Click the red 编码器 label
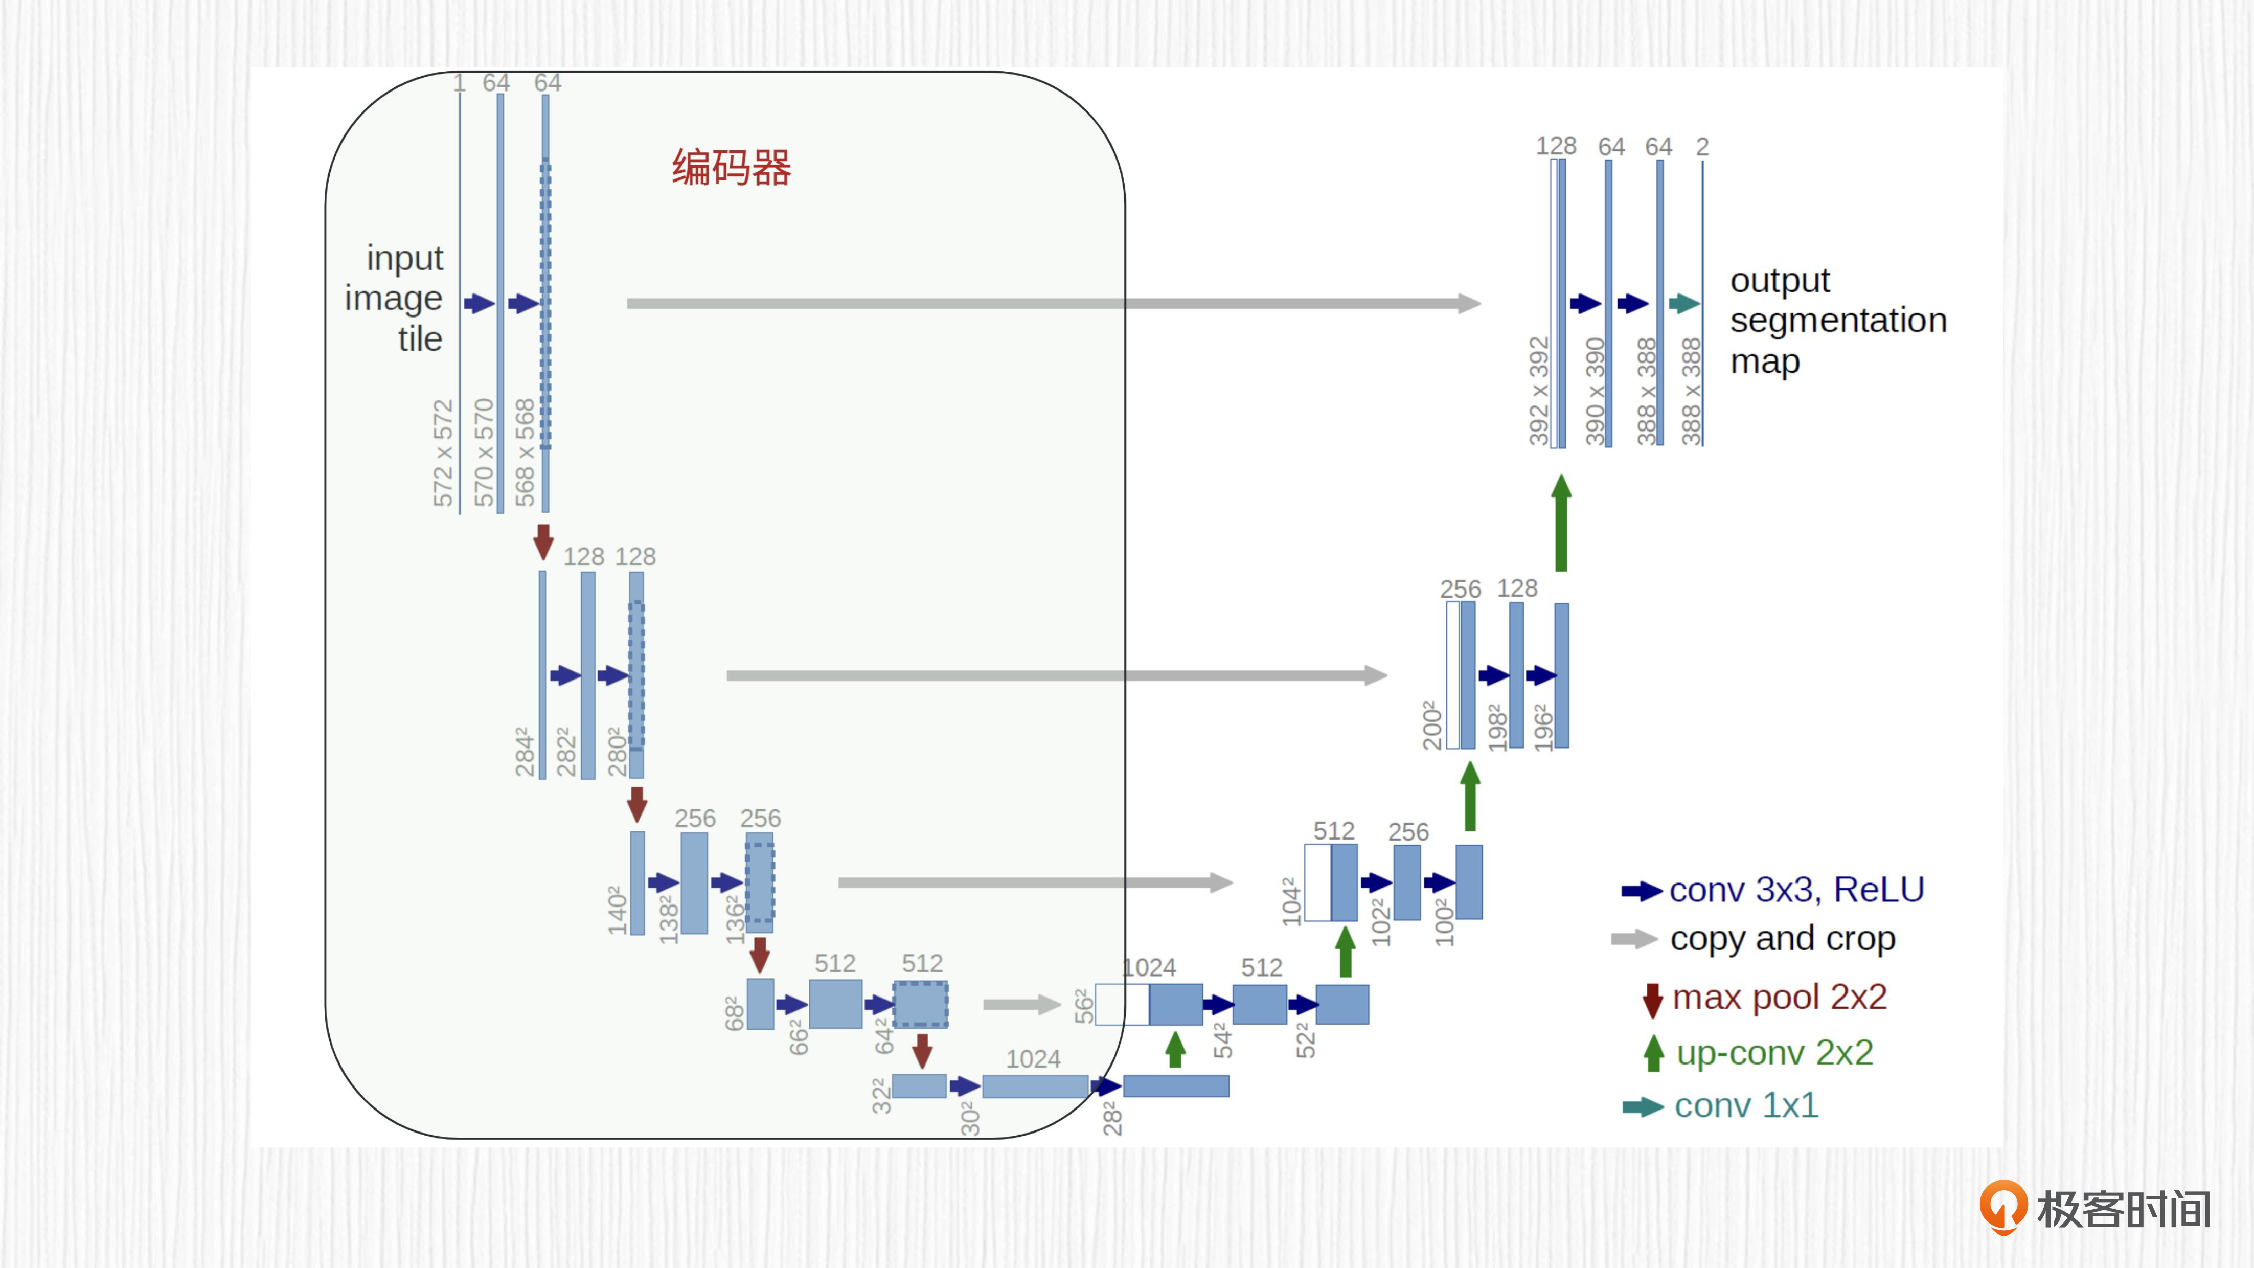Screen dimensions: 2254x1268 (732, 167)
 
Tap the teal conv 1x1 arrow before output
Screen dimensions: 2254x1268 (1684, 304)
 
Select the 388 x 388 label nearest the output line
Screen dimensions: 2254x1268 (1691, 391)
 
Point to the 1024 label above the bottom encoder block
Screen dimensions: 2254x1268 (1033, 1059)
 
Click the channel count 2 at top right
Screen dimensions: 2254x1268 (1702, 146)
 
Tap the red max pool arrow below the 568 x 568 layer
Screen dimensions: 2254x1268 (543, 541)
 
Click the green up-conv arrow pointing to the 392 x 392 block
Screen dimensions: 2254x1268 (1561, 523)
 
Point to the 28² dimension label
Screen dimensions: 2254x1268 (1111, 1118)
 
